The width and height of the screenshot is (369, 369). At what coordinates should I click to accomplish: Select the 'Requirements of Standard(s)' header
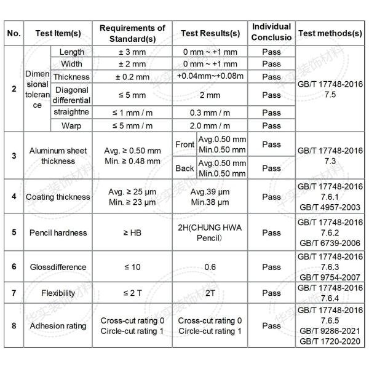tap(132, 33)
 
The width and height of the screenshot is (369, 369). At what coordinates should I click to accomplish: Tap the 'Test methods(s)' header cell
tap(329, 33)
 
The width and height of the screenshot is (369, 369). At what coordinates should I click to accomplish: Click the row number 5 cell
tap(14, 232)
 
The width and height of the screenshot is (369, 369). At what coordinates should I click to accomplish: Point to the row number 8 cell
tap(14, 326)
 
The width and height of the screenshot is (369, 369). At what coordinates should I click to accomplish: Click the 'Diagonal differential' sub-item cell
tap(72, 95)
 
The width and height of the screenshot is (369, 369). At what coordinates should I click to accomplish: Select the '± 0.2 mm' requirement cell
tap(132, 77)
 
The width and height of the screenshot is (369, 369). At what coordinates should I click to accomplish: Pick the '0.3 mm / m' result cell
tap(210, 113)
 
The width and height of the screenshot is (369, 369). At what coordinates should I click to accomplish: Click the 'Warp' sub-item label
tap(72, 125)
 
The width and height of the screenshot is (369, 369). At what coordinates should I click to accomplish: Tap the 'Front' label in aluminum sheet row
tap(184, 144)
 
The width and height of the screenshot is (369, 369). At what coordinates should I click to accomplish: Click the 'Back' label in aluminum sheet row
tap(184, 168)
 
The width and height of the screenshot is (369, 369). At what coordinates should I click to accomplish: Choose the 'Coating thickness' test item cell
tap(58, 197)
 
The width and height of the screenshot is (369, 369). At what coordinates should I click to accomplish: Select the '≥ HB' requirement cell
tap(132, 232)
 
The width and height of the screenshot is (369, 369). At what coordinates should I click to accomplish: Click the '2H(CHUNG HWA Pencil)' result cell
tap(210, 232)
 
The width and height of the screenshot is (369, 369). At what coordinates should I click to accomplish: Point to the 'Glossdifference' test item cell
tap(58, 267)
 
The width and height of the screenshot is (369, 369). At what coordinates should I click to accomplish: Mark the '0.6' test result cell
tap(210, 267)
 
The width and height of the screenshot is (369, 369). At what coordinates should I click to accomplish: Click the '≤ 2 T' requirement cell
tap(132, 293)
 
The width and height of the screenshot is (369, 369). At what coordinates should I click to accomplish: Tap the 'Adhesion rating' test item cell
tap(58, 326)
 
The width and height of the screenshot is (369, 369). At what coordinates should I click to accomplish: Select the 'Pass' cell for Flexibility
tap(271, 293)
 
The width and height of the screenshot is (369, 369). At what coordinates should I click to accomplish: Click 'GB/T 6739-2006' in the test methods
tap(329, 243)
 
